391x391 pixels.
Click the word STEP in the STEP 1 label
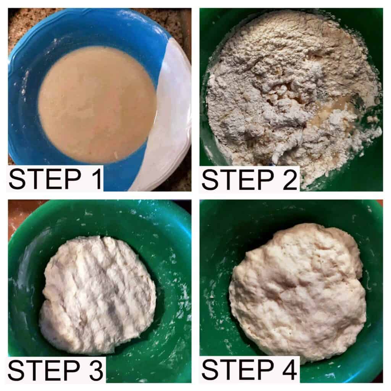(45, 179)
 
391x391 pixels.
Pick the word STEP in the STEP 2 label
(238, 179)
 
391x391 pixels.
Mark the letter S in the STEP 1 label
(18, 179)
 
